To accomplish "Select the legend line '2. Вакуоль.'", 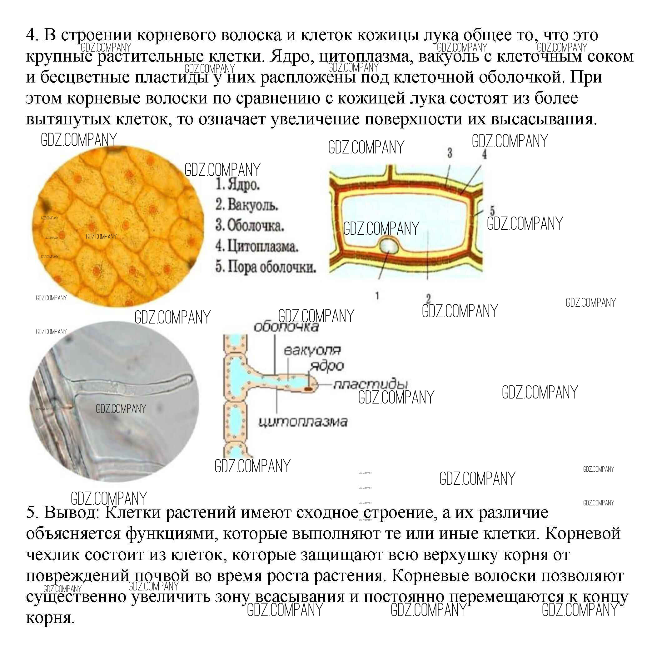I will click(247, 205).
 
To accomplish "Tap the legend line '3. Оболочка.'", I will click(250, 226).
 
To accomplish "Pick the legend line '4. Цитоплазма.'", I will click(257, 246).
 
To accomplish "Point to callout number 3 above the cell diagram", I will click(450, 153).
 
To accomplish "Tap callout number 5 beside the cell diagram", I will click(492, 211).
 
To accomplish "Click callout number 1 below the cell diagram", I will click(377, 296).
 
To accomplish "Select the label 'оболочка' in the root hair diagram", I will click(286, 327).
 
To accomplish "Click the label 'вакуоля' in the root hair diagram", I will click(312, 350).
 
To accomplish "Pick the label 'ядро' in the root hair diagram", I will click(327, 366).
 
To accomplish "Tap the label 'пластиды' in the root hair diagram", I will click(371, 384).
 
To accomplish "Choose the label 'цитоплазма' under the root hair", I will click(303, 422).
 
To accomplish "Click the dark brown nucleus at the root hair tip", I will click(308, 389).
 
